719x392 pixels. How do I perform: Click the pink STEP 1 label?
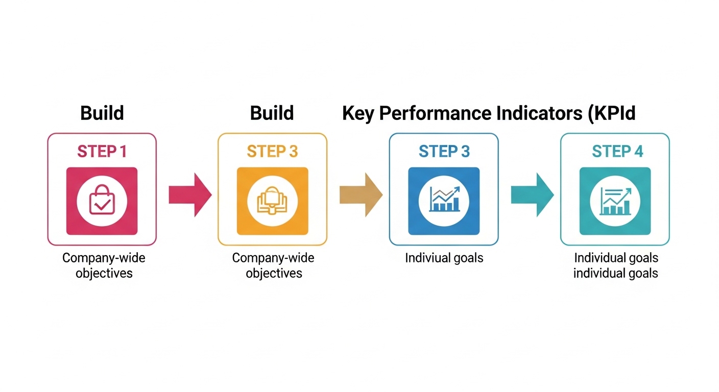tap(102, 152)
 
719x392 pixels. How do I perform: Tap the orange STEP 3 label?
tap(272, 152)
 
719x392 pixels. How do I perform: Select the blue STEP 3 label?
tap(444, 152)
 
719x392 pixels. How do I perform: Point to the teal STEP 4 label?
tap(617, 152)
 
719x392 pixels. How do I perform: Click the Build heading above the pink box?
tap(102, 113)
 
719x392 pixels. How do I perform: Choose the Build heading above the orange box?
tap(272, 113)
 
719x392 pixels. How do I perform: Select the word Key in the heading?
tap(358, 114)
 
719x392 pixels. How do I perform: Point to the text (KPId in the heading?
tap(612, 114)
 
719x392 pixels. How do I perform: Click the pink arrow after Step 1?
tap(190, 194)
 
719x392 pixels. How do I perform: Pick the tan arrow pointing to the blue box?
tap(361, 194)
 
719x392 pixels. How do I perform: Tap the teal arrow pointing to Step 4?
tap(533, 194)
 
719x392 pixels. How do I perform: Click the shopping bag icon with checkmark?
tap(102, 200)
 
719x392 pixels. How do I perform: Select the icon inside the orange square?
tap(272, 201)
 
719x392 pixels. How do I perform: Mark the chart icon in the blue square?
tap(444, 199)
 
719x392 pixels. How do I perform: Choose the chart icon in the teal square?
tap(615, 201)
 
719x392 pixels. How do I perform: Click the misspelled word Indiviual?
tap(425, 258)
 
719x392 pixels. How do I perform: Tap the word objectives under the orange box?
tap(274, 274)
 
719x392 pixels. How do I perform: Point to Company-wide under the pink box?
tap(104, 258)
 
